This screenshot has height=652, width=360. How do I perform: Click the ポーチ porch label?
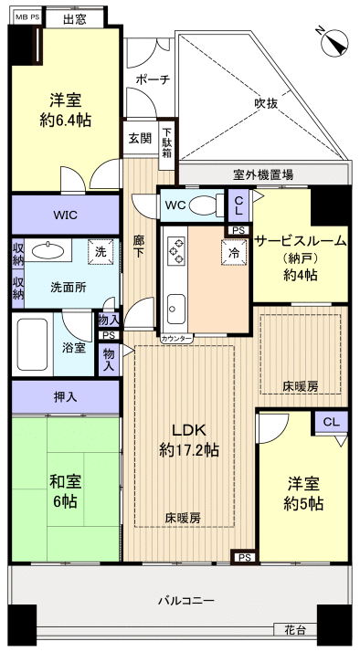152,79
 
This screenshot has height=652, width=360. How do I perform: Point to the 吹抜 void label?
266,103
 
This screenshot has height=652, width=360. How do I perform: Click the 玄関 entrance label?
140,138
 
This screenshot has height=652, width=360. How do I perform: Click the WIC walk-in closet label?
65,216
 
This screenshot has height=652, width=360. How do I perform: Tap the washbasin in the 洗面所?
44,251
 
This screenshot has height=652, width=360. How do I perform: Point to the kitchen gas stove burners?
175,248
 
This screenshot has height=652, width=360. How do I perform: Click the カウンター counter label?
177,339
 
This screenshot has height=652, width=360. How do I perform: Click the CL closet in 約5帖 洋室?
330,422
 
